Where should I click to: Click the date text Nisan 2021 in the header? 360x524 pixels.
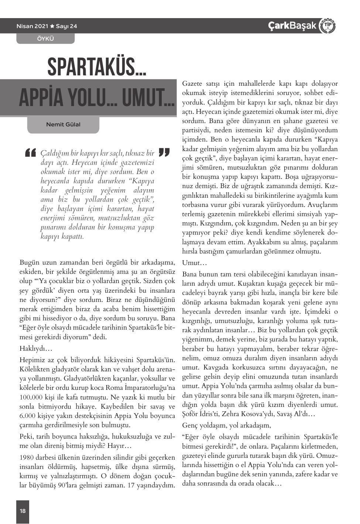coord(32,26)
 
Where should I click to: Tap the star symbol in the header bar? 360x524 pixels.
coord(52,26)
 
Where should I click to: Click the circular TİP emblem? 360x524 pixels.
coord(327,26)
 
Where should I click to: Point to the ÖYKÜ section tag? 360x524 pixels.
coord(45,38)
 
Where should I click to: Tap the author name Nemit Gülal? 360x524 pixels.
coord(63,124)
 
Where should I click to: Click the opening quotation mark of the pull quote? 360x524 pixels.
coord(30,153)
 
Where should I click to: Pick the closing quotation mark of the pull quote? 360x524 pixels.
coord(164,152)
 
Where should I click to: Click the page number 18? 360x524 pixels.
coord(23,511)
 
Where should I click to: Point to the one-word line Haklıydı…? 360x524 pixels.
coord(36,348)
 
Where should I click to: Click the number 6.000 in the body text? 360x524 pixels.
coord(27,416)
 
